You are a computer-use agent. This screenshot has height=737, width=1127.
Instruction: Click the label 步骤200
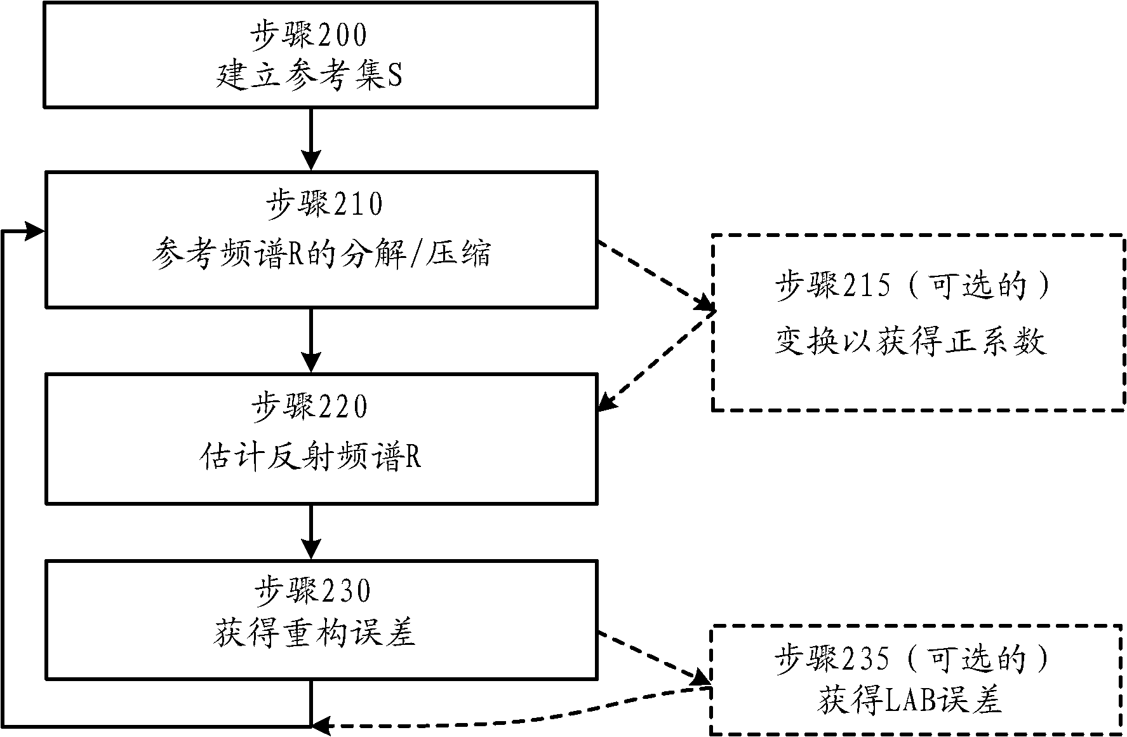coord(309,36)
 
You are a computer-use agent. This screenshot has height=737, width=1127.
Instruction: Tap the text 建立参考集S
coord(309,77)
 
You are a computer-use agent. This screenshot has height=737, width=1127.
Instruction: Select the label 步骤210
coord(324,205)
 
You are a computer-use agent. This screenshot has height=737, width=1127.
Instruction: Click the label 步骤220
coord(309,407)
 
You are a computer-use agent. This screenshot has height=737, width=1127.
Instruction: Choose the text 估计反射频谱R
coord(310,457)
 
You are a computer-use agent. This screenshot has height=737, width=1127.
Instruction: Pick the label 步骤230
coord(312,591)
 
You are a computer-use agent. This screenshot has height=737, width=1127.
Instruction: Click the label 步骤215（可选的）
coord(913,286)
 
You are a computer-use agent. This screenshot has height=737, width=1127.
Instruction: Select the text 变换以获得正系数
coord(910,342)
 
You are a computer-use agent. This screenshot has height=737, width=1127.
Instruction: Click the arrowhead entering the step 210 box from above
coord(311,161)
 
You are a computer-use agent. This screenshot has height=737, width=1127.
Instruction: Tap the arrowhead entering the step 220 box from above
coord(311,363)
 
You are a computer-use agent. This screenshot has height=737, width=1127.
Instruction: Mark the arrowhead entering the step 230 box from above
coord(311,550)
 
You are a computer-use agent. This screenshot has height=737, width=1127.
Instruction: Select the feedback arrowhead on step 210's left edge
coord(36,231)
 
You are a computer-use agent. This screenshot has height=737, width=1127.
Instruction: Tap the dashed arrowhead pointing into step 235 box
coord(701,679)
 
